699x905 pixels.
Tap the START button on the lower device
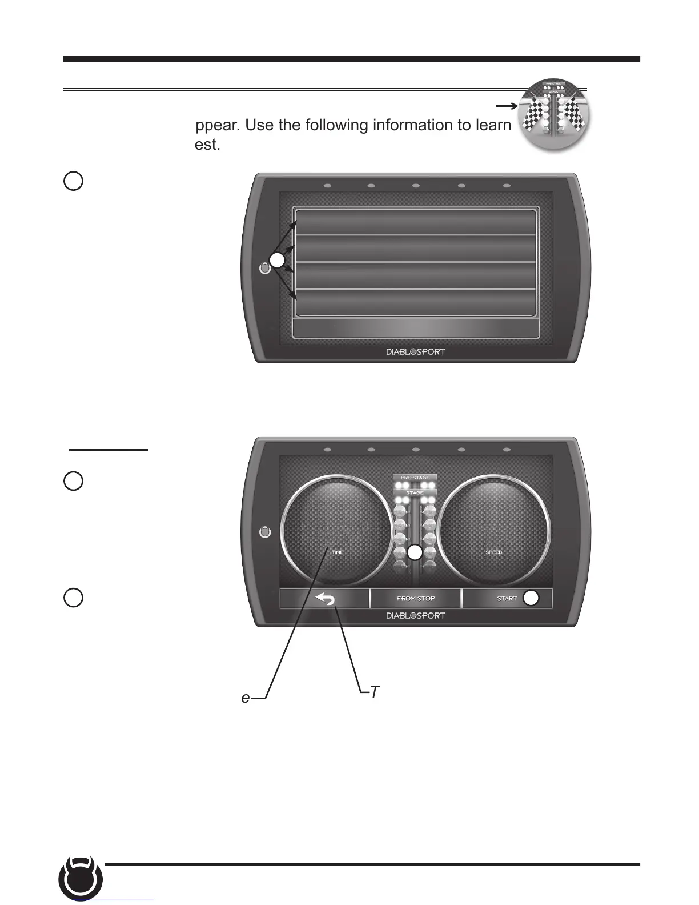(507, 598)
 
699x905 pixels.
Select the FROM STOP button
(416, 598)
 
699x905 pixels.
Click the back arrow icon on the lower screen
(324, 598)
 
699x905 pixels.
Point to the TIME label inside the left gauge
(338, 552)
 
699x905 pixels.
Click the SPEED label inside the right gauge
(493, 552)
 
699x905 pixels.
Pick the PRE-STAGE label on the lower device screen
(415, 478)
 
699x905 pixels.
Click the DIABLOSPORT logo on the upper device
(416, 351)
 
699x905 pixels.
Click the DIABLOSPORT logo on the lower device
(416, 615)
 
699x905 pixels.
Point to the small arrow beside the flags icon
(506, 106)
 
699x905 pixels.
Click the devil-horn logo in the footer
(81, 879)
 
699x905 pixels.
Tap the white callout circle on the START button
(531, 598)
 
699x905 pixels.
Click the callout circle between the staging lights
(415, 552)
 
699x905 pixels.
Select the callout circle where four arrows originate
(277, 260)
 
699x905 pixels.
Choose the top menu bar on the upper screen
(415, 221)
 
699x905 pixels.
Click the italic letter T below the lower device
(375, 692)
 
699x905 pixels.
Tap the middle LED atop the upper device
(416, 186)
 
